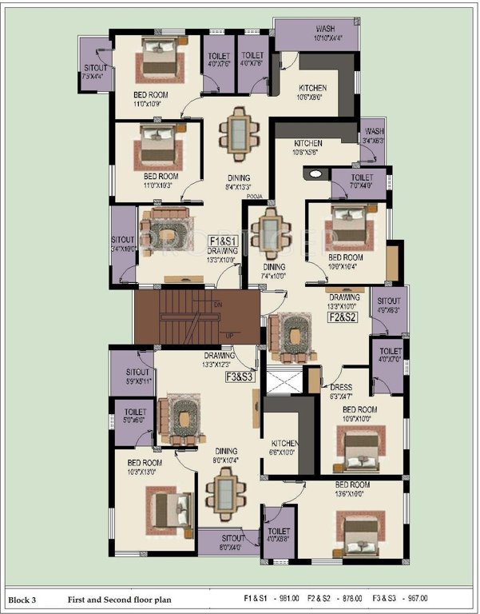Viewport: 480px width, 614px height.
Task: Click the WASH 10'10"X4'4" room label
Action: click(x=302, y=32)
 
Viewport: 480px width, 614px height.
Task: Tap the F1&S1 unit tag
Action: click(x=221, y=241)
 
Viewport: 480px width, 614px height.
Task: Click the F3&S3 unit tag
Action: click(x=239, y=376)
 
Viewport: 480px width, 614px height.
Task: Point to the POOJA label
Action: click(x=255, y=194)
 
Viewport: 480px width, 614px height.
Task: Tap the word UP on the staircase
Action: click(x=230, y=335)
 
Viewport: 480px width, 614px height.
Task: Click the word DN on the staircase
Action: click(x=217, y=305)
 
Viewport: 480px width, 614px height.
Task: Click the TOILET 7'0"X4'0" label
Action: click(x=362, y=181)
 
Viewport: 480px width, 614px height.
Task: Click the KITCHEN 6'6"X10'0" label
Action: click(x=284, y=447)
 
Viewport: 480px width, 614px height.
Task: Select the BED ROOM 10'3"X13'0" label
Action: click(x=145, y=467)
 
